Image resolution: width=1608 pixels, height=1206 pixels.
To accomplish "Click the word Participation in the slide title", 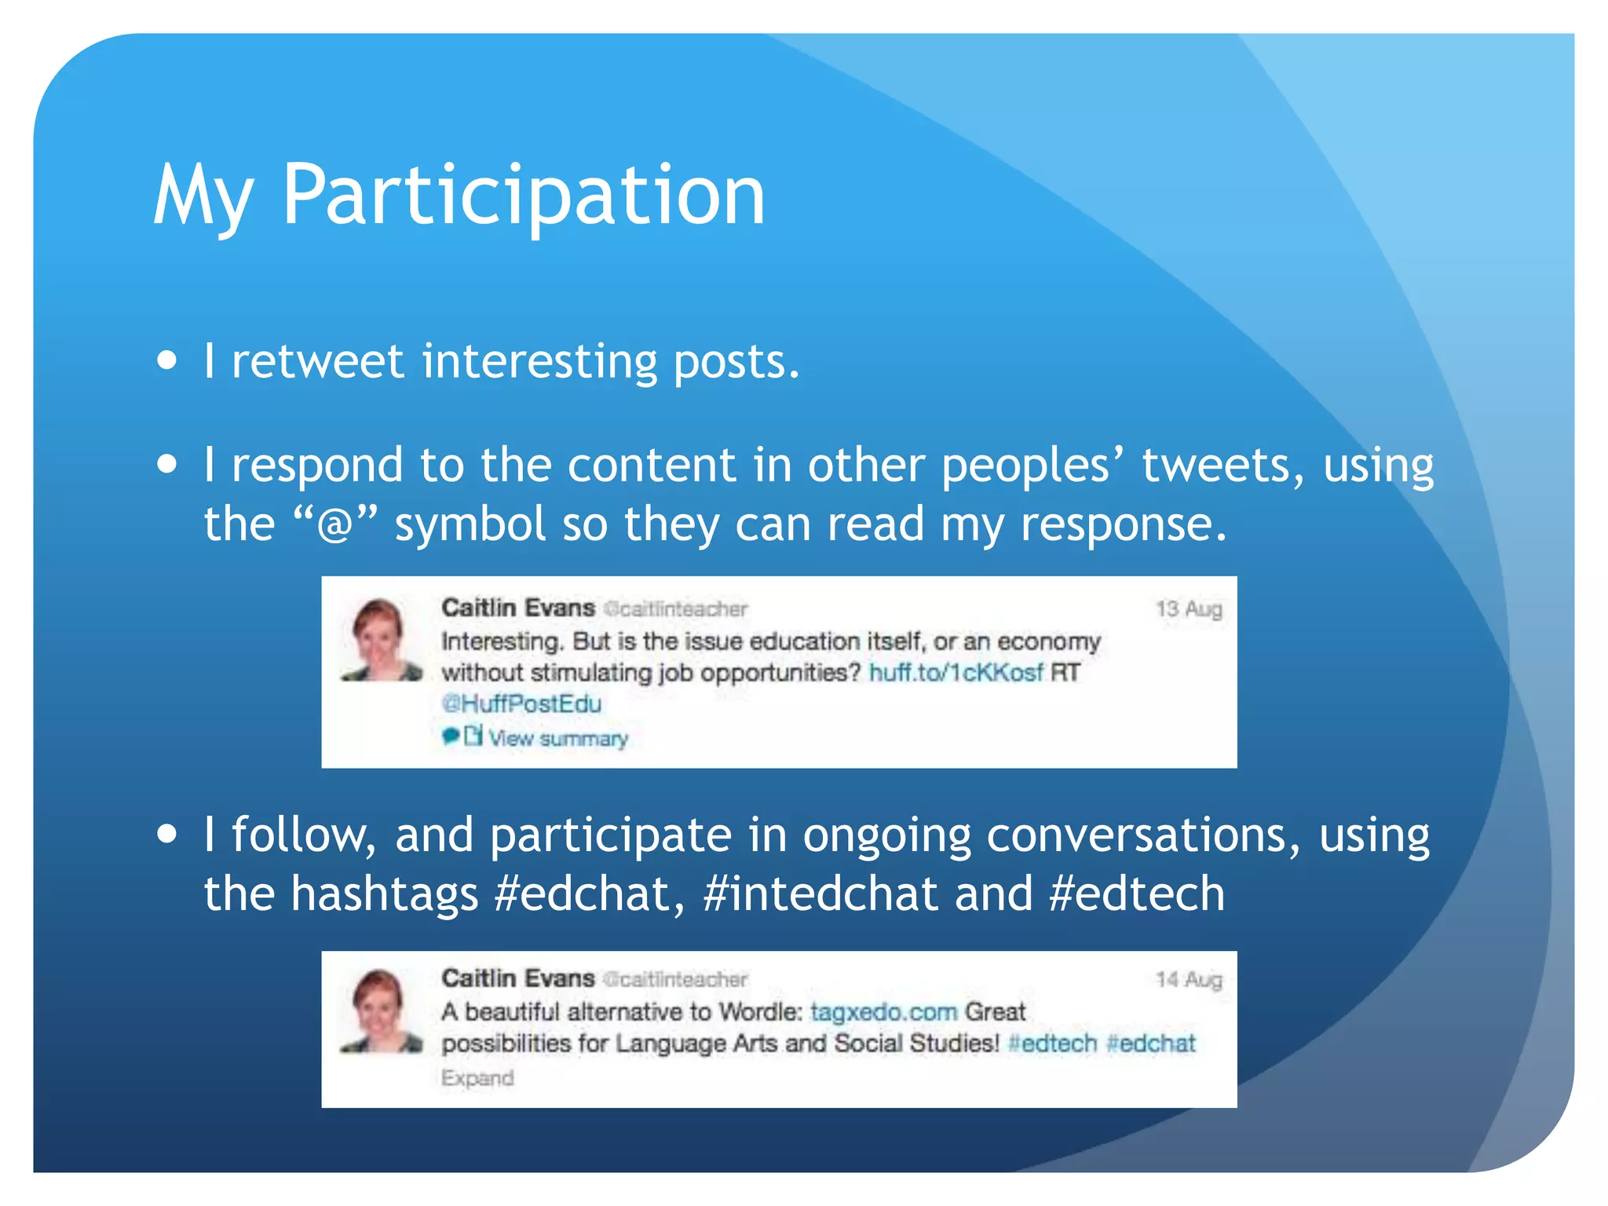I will pyautogui.click(x=524, y=196).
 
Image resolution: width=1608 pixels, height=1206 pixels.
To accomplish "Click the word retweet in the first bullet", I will pyautogui.click(x=317, y=362).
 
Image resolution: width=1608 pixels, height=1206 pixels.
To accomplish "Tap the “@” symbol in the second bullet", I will pyautogui.click(x=335, y=524).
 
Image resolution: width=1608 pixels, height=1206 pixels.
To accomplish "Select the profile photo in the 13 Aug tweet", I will pyautogui.click(x=381, y=640).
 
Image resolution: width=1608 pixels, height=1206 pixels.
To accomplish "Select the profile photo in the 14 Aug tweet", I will pyautogui.click(x=381, y=1010).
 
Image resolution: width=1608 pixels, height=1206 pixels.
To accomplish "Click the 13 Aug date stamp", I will pyautogui.click(x=1189, y=609).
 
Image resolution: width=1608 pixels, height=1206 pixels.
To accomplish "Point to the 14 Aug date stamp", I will pyautogui.click(x=1189, y=979).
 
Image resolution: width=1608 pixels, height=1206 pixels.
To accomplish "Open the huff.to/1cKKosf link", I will pyautogui.click(x=956, y=673).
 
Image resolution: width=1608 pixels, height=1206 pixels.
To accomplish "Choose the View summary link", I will pyautogui.click(x=557, y=738).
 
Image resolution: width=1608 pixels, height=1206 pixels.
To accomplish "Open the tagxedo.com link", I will pyautogui.click(x=883, y=1011).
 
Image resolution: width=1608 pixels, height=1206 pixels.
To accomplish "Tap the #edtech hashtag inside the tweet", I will pyautogui.click(x=1052, y=1043).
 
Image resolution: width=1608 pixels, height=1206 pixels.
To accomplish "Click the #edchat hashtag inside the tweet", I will pyautogui.click(x=1150, y=1043).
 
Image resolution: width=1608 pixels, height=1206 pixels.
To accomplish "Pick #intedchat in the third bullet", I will pyautogui.click(x=820, y=894).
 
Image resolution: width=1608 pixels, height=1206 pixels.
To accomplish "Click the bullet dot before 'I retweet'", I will pyautogui.click(x=166, y=360).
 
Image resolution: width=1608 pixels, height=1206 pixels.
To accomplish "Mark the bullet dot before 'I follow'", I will pyautogui.click(x=166, y=833).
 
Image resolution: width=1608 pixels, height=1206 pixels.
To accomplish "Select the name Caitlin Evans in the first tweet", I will pyautogui.click(x=518, y=608).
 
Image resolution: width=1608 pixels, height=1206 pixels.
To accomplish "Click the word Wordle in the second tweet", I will pyautogui.click(x=760, y=1011).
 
